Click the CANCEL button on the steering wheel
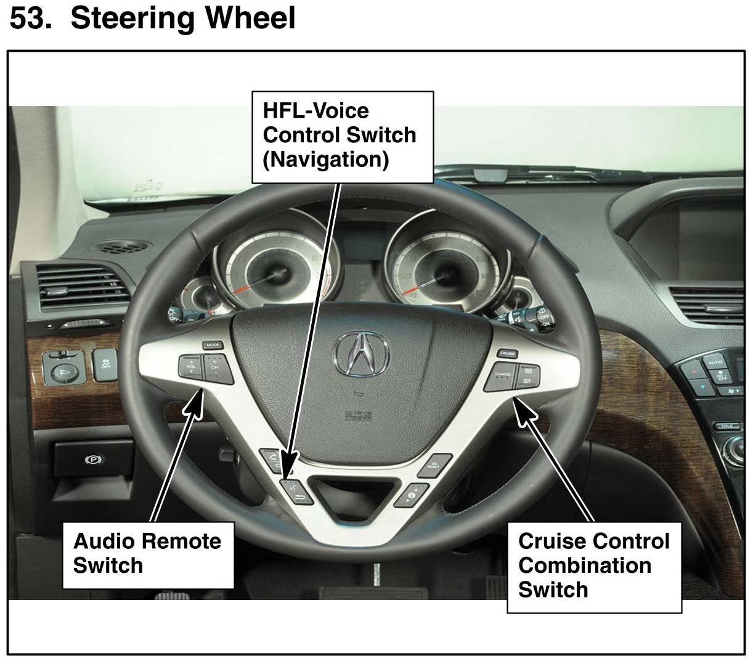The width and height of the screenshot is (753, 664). (502, 376)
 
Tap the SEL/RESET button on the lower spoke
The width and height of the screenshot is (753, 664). (435, 465)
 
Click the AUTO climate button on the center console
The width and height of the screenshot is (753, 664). (715, 362)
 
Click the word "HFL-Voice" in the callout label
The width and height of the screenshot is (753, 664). (315, 111)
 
